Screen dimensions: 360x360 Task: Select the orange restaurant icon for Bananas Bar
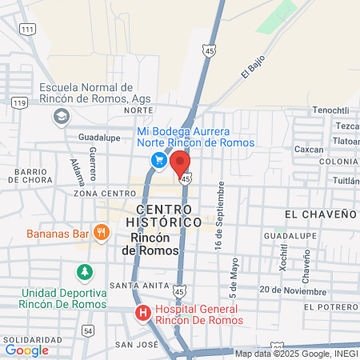(x=101, y=234)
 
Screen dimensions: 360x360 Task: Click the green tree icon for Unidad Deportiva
(x=84, y=273)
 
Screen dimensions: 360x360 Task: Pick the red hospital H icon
(x=142, y=313)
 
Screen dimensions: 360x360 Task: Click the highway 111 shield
(x=28, y=29)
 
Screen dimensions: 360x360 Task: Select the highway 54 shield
(x=88, y=330)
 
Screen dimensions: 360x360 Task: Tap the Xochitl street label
(x=283, y=256)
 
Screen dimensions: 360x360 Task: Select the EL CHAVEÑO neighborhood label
(x=319, y=214)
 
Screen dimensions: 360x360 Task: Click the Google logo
(x=26, y=350)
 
